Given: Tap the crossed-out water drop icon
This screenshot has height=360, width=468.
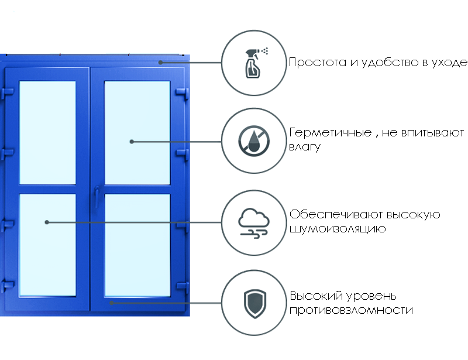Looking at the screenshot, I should pyautogui.click(x=254, y=141).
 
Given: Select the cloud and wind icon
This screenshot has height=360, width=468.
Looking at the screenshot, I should pyautogui.click(x=254, y=222).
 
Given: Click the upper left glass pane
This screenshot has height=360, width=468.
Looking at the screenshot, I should pyautogui.click(x=47, y=132).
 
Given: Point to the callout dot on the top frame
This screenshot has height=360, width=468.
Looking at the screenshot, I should pyautogui.click(x=160, y=61).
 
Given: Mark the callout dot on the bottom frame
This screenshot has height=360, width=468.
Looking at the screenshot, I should pyautogui.click(x=112, y=303).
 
